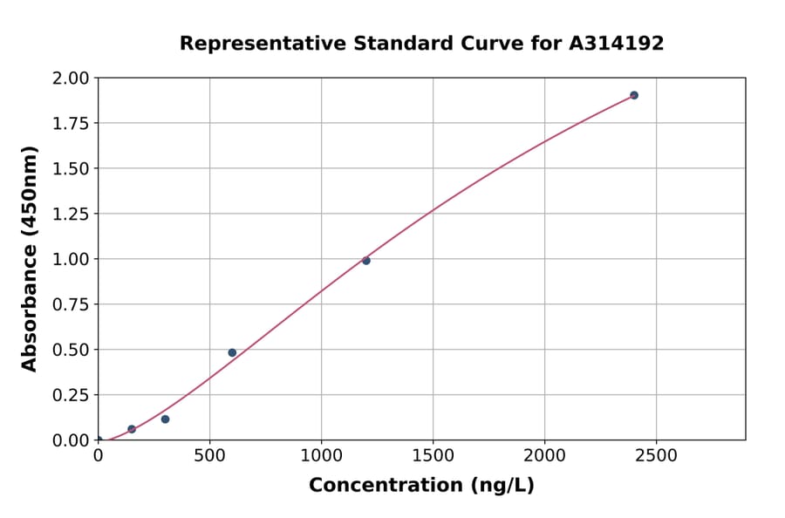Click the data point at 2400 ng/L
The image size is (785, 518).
634,95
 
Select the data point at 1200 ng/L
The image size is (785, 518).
366,261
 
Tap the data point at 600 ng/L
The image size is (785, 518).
232,352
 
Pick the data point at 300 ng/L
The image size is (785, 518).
165,419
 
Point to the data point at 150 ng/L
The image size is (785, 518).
132,429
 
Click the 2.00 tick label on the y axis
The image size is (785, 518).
71,78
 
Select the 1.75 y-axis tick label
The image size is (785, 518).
71,124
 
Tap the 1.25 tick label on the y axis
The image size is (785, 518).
71,215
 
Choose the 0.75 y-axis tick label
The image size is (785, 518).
71,305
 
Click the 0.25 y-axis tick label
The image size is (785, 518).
71,396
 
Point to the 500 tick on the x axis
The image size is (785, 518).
209,456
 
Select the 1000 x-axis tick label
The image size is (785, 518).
321,456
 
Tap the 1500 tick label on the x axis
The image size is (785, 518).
433,456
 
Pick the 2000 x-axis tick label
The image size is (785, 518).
544,456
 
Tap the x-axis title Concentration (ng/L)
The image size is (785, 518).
421,486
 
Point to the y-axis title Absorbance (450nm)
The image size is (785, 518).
31,259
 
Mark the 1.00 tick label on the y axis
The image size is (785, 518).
71,260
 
